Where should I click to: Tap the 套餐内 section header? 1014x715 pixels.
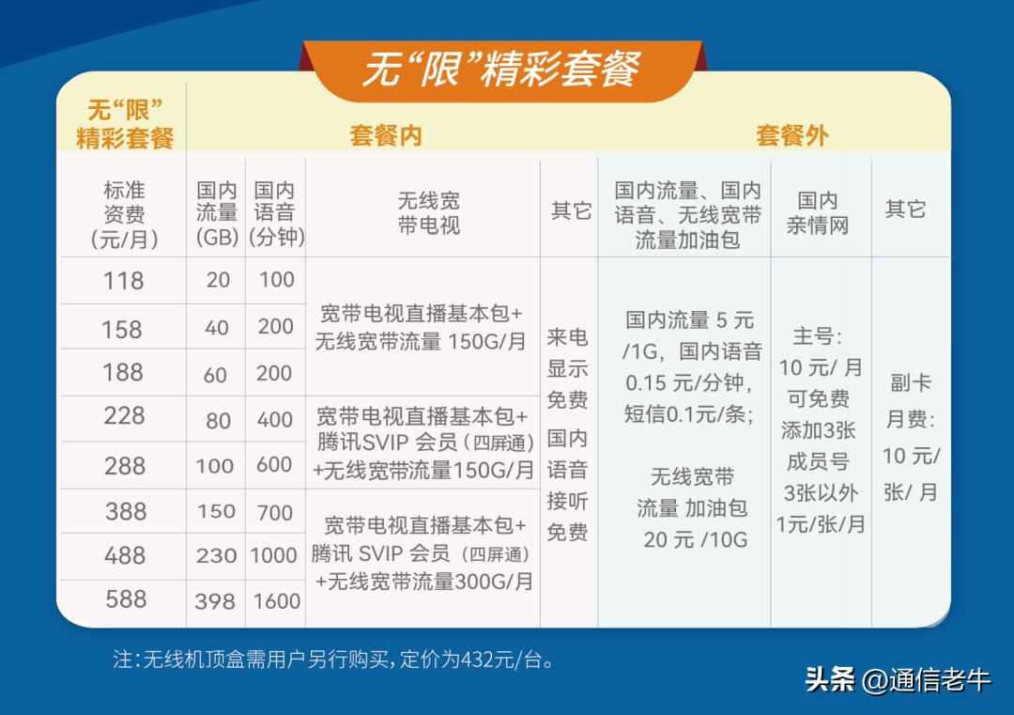click(386, 135)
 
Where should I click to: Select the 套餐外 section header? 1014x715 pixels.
click(791, 135)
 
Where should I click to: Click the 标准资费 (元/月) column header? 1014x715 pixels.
click(124, 215)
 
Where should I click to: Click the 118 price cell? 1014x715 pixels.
click(124, 280)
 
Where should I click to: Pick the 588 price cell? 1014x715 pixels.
click(126, 598)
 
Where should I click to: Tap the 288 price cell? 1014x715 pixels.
click(125, 466)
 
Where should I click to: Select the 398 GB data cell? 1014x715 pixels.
click(215, 601)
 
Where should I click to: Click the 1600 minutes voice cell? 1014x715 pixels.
click(276, 601)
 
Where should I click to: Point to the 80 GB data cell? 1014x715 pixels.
click(218, 420)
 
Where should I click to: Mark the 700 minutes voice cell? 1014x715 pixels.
click(275, 513)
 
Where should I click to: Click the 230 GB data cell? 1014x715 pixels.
click(216, 556)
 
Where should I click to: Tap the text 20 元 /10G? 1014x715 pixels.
click(696, 539)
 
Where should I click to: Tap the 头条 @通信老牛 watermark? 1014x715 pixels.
click(897, 678)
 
